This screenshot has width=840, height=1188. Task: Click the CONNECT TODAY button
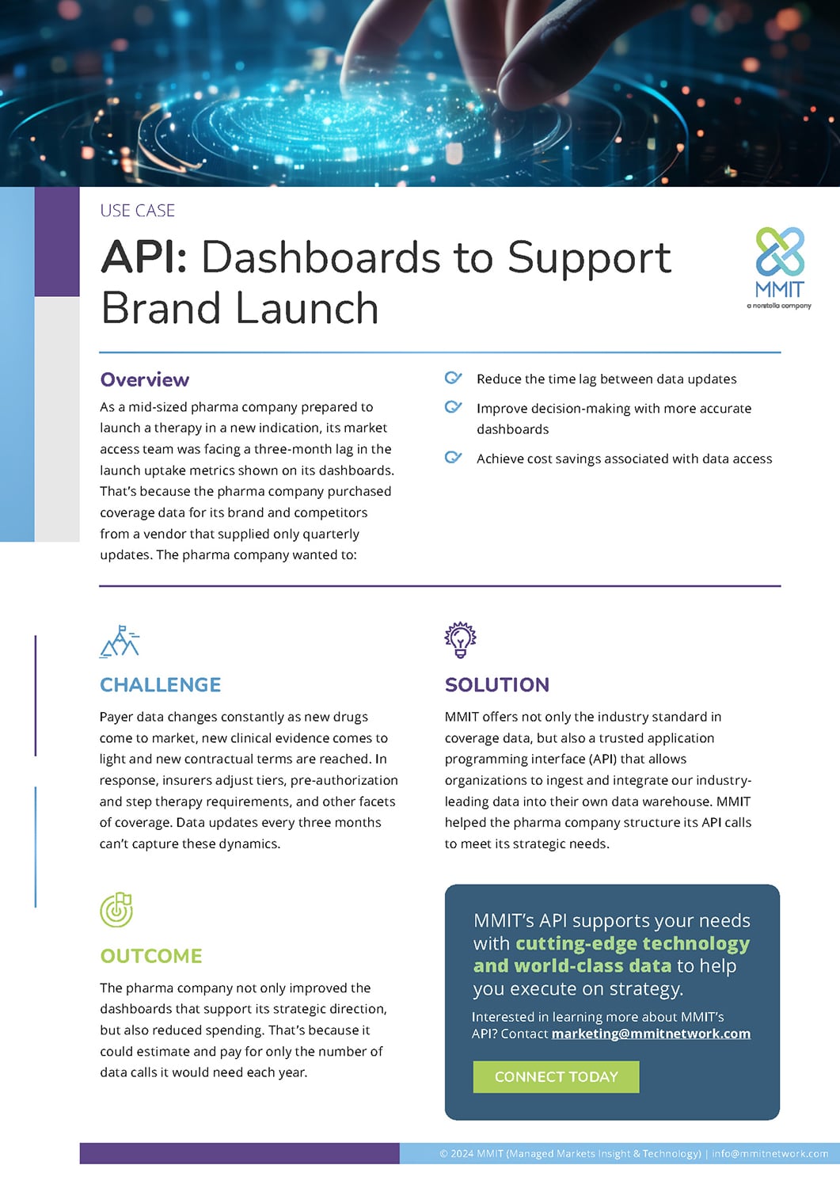556,1077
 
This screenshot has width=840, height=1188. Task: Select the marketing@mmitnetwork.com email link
651,1034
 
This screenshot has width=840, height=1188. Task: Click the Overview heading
145,380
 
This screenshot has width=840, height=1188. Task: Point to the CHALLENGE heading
160,685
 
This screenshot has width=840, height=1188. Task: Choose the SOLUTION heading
496,685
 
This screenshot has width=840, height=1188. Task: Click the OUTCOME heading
151,956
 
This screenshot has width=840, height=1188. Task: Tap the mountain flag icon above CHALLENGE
120,642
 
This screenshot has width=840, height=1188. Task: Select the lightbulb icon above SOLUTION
460,640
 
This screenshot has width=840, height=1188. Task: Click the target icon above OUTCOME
116,910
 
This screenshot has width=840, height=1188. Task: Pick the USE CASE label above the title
137,211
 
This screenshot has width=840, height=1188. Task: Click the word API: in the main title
144,258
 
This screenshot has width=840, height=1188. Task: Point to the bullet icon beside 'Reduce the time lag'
453,378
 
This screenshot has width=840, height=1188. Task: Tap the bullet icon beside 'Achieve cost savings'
453,457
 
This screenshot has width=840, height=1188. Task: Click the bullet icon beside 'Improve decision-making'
453,407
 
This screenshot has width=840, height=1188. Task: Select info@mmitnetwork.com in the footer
770,1154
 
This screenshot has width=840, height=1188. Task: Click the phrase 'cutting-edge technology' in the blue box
632,943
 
